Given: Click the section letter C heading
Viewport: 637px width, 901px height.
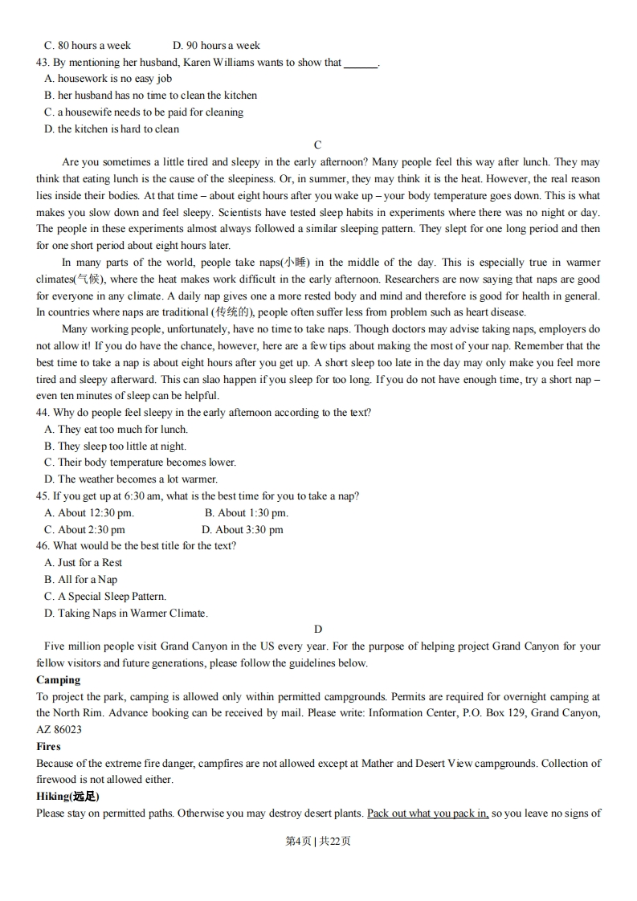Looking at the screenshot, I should [x=317, y=145].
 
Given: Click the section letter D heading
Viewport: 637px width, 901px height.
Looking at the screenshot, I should [x=318, y=630].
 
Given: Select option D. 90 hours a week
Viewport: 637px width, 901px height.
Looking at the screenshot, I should [x=216, y=46].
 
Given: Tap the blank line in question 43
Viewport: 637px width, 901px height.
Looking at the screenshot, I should [x=360, y=63].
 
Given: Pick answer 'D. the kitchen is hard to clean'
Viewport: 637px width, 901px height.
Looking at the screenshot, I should [x=112, y=128].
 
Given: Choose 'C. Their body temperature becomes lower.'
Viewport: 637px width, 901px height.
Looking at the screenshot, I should [x=140, y=463].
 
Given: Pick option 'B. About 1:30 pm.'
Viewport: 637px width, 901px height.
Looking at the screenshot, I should [x=246, y=513].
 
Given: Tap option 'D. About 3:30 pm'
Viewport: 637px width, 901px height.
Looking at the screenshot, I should [x=243, y=530].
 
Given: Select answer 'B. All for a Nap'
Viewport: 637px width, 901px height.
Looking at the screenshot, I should [x=80, y=580].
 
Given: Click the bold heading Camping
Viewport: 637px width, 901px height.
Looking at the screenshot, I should [x=59, y=680].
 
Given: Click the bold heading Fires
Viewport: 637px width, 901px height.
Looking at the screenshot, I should [x=48, y=747].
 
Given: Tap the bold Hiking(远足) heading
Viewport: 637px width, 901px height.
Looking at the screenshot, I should [x=67, y=797].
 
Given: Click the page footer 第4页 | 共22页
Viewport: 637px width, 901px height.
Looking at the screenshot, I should [x=318, y=841].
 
